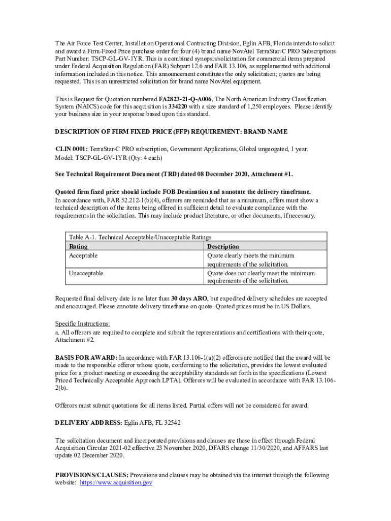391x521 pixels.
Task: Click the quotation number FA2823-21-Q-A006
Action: pos(188,99)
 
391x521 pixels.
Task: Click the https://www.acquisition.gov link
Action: pos(116,483)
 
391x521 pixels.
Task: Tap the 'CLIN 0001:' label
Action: pos(72,149)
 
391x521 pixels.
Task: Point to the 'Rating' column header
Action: pos(78,246)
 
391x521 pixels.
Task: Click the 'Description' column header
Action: pos(223,246)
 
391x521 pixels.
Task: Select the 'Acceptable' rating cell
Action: pos(83,255)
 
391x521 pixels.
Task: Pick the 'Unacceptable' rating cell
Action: pos(86,273)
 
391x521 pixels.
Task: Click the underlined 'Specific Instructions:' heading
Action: pos(82,324)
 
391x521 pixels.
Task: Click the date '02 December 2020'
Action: pos(102,455)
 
